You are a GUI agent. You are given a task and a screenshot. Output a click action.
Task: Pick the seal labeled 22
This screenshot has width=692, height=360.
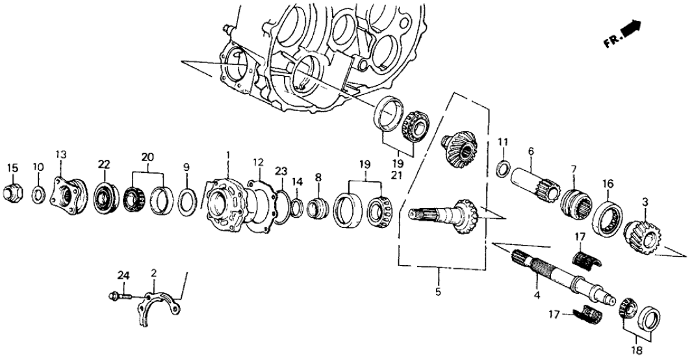[104, 195]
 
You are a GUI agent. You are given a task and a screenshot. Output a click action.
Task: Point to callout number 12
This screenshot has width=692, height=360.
[258, 161]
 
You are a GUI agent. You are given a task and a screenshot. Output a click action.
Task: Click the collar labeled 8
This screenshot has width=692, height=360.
[318, 209]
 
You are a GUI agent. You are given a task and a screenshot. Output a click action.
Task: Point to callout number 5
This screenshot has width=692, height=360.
[438, 292]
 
